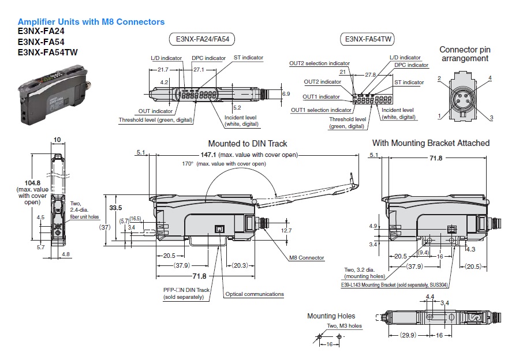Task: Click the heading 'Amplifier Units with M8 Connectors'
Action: (91, 22)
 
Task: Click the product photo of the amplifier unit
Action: (51, 93)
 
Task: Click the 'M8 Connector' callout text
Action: (307, 258)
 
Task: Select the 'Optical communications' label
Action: (255, 294)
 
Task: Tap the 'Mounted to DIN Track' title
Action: (247, 144)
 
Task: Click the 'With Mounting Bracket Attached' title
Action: (431, 143)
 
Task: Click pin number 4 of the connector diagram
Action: (490, 78)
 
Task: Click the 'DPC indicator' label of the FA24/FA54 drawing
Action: (208, 58)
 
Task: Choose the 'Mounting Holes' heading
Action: (331, 316)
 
